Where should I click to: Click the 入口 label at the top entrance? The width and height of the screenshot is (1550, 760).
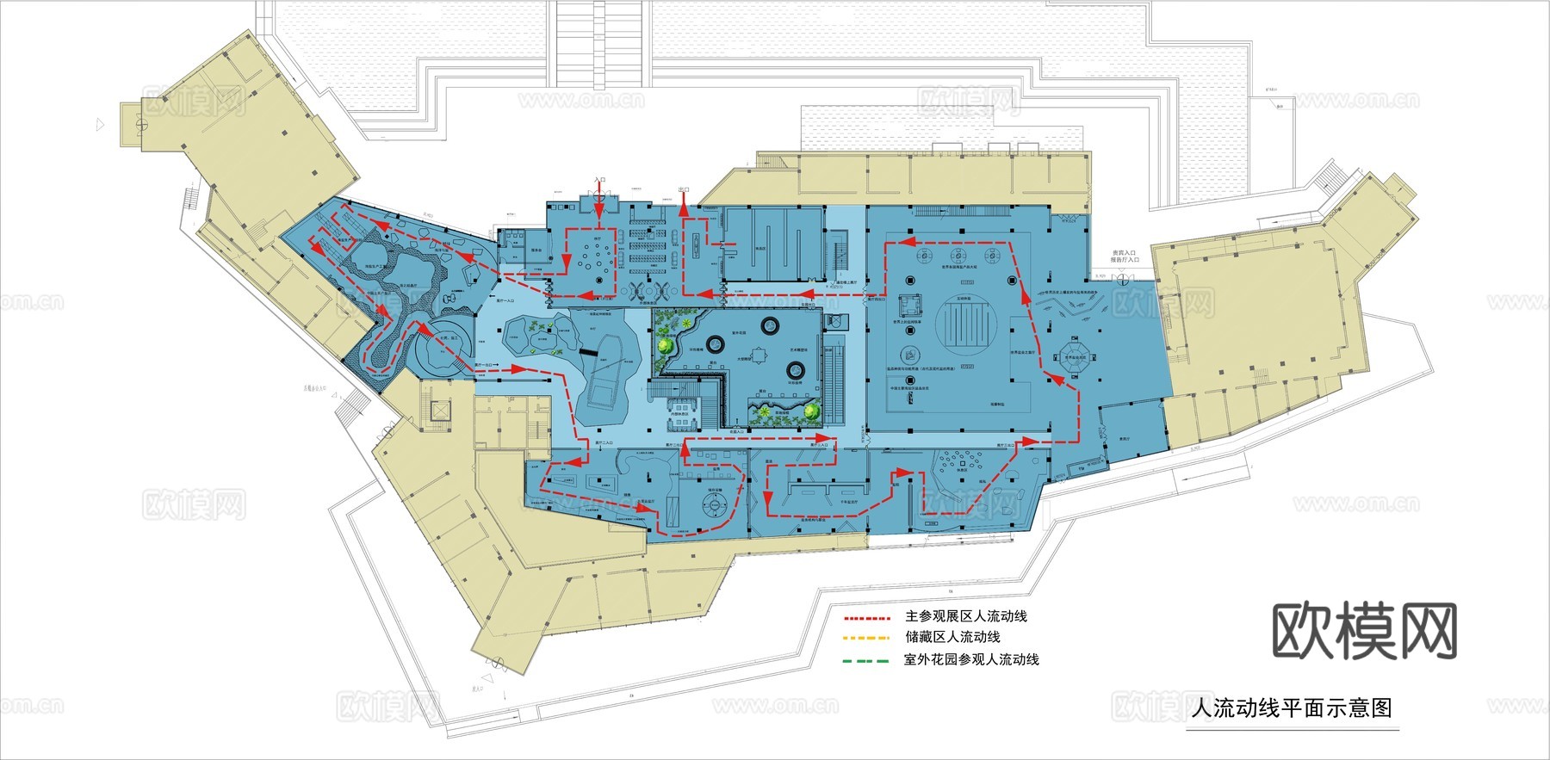coord(599,181)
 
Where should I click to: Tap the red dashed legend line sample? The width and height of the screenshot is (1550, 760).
coord(865,618)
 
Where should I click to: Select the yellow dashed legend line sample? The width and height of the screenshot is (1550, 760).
coord(865,639)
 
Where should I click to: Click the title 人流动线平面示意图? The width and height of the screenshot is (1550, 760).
coord(1291,708)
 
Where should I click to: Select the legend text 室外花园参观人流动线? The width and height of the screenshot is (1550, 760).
coord(971,660)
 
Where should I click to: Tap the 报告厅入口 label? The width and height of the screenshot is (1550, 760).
coord(1125,260)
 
